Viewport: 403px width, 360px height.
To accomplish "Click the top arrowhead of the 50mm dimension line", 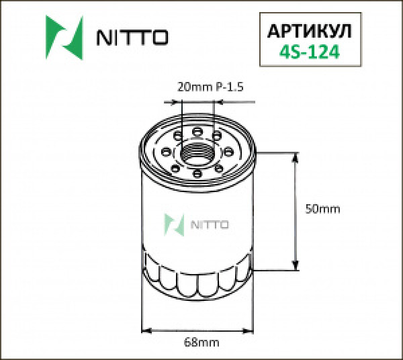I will pyautogui.click(x=294, y=158).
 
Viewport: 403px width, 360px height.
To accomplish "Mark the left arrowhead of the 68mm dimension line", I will pyautogui.click(x=147, y=330).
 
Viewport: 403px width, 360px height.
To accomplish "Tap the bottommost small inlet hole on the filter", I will pyautogui.click(x=197, y=175).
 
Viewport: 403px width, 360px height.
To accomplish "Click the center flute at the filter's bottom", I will pyautogui.click(x=197, y=286).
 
